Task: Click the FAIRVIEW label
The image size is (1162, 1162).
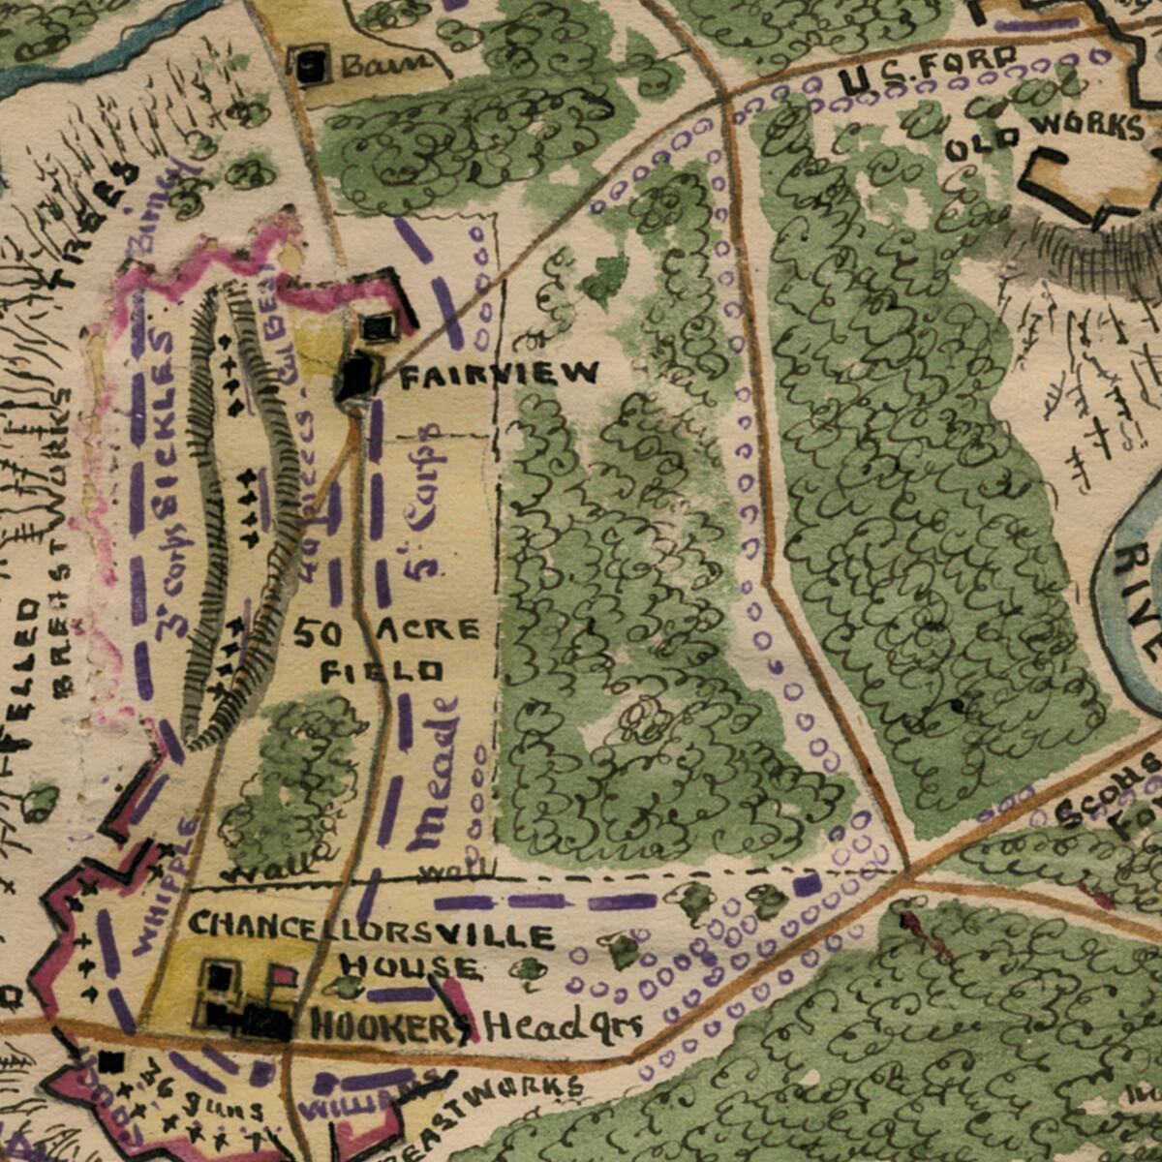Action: (x=500, y=374)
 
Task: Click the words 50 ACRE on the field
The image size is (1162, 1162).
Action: (x=385, y=632)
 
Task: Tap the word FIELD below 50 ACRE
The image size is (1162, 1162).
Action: (x=382, y=670)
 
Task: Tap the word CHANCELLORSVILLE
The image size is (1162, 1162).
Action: (x=371, y=929)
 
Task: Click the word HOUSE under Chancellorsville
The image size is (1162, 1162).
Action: (x=409, y=966)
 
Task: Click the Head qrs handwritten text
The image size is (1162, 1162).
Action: (x=562, y=1025)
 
